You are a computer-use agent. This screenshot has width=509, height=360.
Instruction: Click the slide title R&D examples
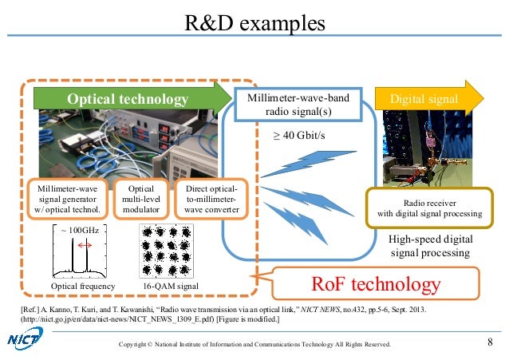[x=254, y=23]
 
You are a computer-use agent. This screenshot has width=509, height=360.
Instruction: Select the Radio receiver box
[x=428, y=208]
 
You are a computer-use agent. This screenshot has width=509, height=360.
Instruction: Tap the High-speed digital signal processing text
[x=431, y=246]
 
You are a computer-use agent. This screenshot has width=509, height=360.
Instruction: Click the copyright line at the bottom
[x=254, y=344]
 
